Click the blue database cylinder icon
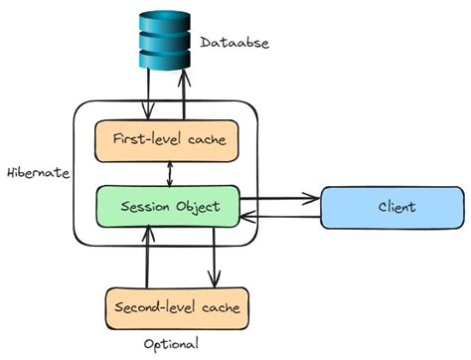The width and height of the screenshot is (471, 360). (x=164, y=40)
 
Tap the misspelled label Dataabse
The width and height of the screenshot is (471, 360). (x=235, y=43)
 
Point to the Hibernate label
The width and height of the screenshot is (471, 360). (x=38, y=172)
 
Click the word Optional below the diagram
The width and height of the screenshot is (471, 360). (x=170, y=343)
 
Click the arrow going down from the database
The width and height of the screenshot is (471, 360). (x=148, y=94)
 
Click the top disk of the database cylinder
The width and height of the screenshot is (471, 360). (x=164, y=19)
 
